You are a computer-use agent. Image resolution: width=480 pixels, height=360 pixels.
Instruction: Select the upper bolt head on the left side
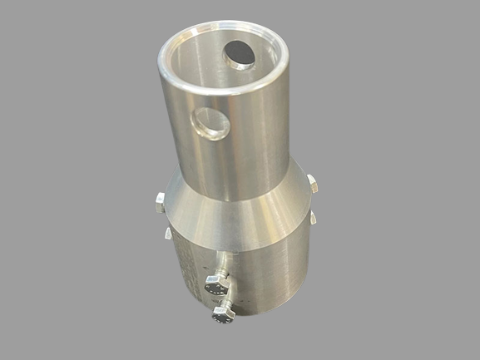(x=160, y=199)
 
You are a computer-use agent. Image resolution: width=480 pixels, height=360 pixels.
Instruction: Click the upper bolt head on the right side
(x=312, y=183)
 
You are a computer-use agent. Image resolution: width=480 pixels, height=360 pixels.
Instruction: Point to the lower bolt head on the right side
(x=313, y=217)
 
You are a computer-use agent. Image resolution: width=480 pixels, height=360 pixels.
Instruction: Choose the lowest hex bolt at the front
(x=223, y=315)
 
